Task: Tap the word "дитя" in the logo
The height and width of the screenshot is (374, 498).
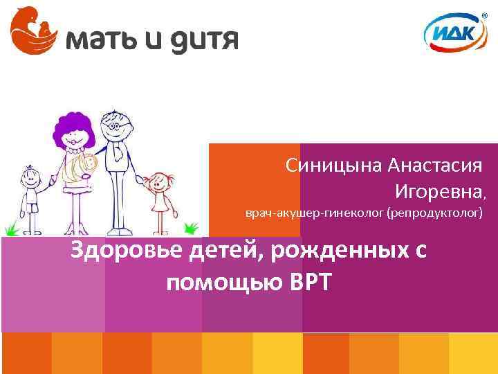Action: (203, 39)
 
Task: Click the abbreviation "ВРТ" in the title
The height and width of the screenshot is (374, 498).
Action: (308, 282)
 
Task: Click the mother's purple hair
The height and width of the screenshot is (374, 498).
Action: (73, 125)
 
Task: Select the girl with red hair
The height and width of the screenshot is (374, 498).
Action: (161, 194)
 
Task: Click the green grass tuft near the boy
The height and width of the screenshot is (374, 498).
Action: (10, 229)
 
